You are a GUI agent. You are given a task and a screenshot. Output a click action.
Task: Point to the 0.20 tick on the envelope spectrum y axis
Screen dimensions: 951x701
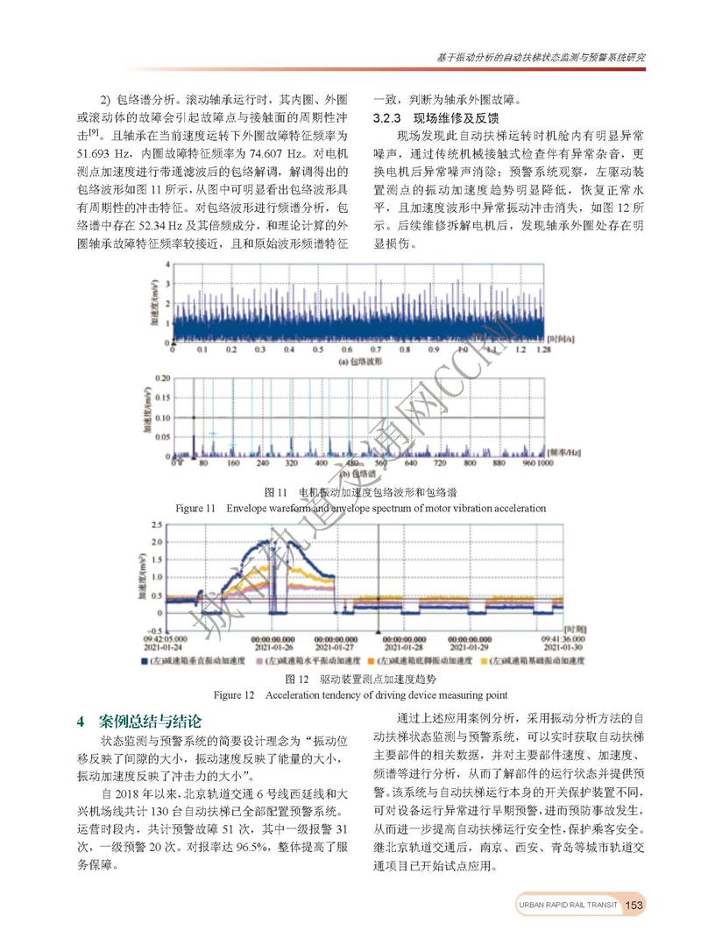point(159,378)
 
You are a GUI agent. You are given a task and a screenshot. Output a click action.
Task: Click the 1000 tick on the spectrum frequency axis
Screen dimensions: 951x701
point(542,462)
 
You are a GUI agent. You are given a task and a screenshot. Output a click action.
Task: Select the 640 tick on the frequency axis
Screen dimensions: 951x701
point(410,462)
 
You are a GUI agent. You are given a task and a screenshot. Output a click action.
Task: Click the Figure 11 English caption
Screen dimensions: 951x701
point(361,508)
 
